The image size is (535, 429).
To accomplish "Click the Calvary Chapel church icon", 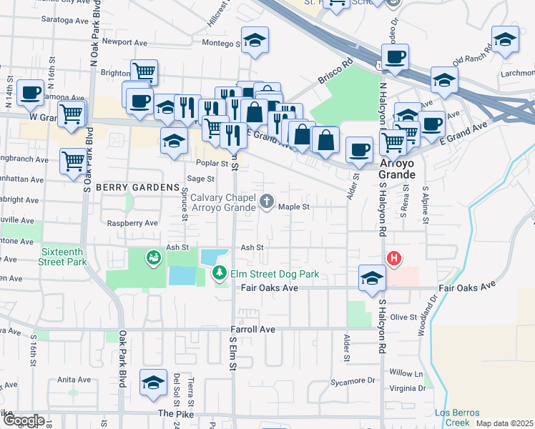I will pos(267,202).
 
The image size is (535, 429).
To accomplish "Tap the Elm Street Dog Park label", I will pos(265,272).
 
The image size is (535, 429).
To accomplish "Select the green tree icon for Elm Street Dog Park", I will pos(220,272).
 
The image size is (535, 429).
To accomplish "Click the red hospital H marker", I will pos(393,258).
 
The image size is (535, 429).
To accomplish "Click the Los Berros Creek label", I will pos(453,418).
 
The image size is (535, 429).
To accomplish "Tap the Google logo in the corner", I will pos(24,420).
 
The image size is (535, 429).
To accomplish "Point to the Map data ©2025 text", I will pos(504,423).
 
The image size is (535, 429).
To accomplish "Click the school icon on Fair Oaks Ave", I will pos(372,278).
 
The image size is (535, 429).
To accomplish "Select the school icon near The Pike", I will pos(153,383).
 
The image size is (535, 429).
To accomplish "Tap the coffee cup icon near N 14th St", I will pos(29,92).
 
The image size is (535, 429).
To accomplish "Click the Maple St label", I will pos(293,207).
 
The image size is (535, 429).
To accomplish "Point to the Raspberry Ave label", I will pos(132,223).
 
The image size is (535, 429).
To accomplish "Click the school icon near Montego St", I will pos(254,41).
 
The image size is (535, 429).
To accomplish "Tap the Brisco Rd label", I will pos(337,71).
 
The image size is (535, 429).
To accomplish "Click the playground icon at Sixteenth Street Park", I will pos(153,257).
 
